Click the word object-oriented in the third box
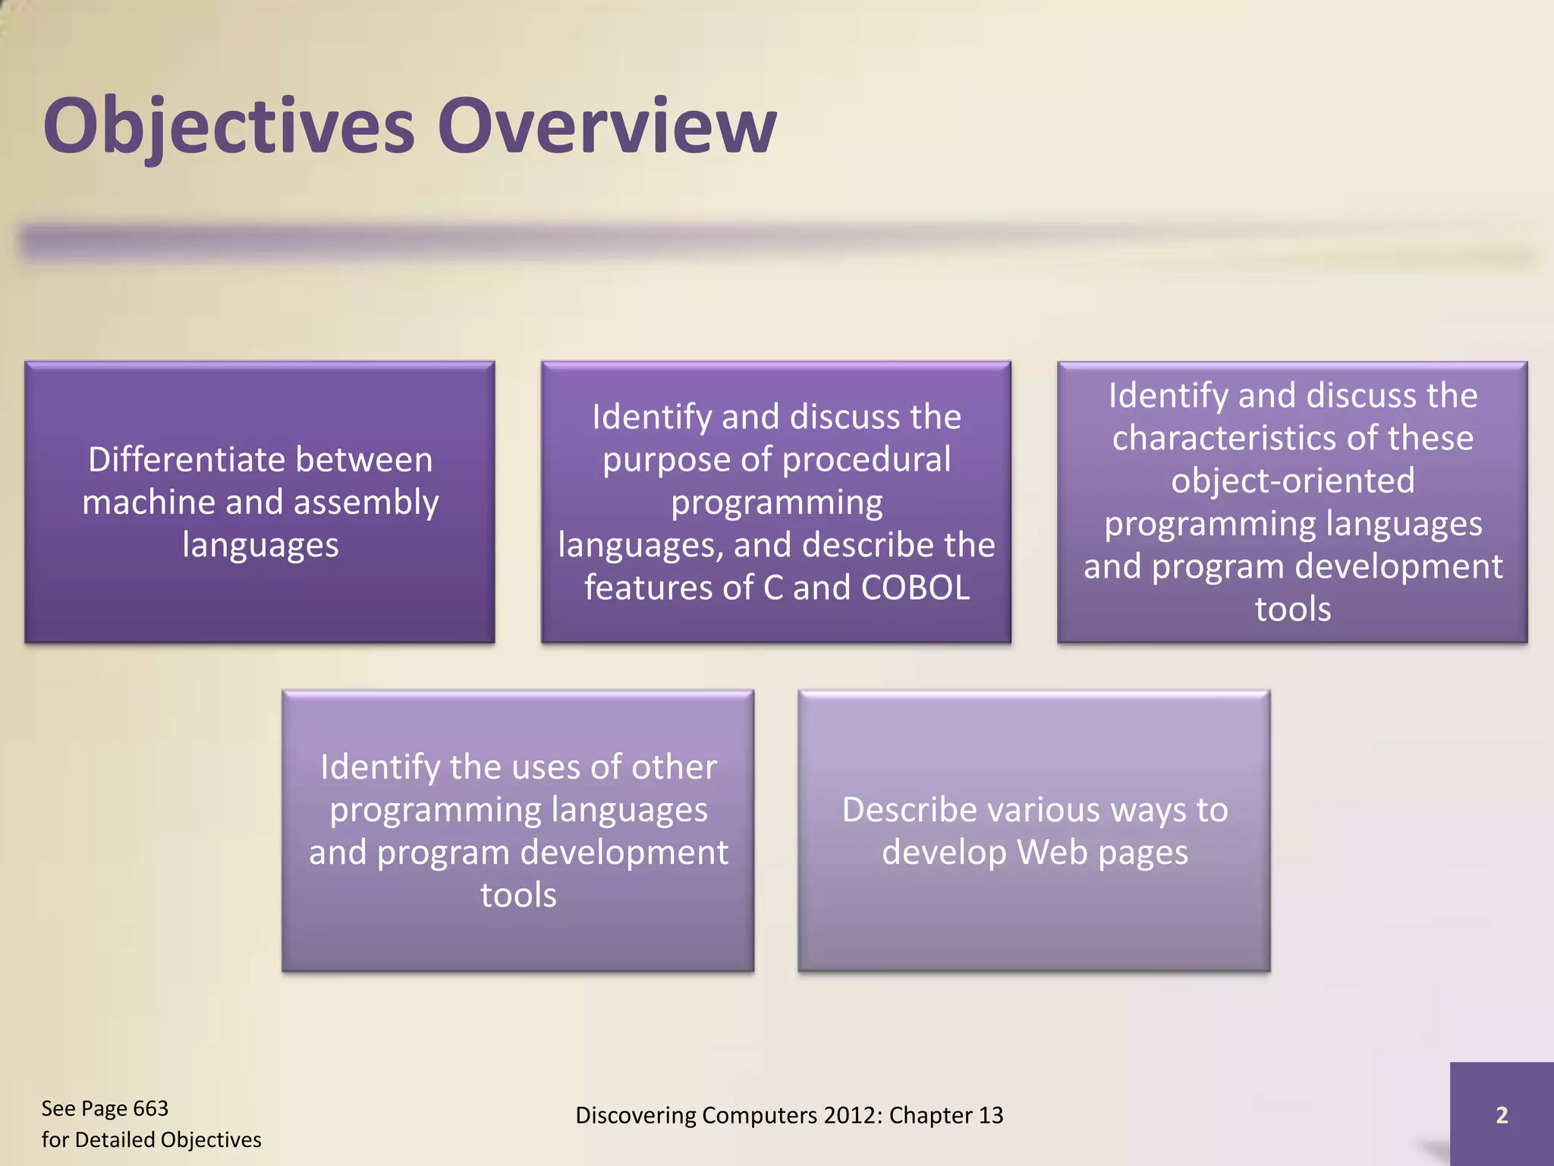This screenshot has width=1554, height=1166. point(1292,481)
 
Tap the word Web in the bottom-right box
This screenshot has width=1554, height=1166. point(1052,852)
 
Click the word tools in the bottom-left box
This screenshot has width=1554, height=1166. point(518,895)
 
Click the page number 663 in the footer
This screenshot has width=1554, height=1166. point(150,1108)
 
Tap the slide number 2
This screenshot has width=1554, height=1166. point(1501,1114)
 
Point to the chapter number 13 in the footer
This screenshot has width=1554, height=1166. point(990,1115)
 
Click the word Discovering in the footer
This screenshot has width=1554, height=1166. point(635,1115)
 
